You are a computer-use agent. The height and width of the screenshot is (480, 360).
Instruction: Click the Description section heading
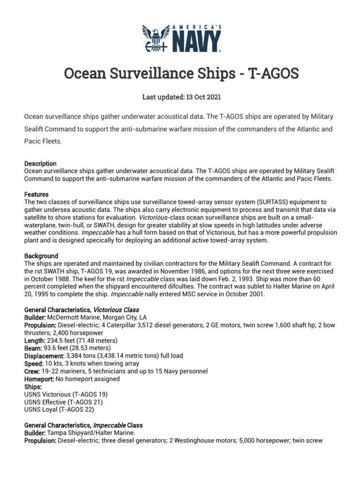(x=40, y=164)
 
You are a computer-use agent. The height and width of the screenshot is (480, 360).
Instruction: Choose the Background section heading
(x=41, y=256)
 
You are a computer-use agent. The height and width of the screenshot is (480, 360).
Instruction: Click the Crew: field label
(x=33, y=371)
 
